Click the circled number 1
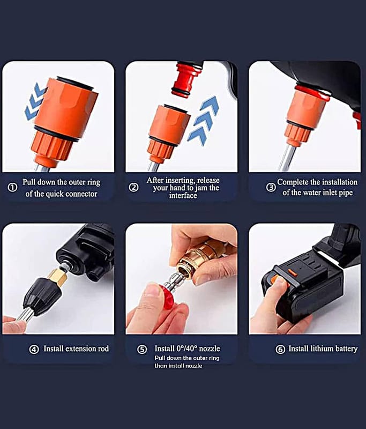point(12,188)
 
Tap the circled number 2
point(133,188)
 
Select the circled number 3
point(271,187)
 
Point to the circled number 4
point(34,349)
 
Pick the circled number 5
point(142,350)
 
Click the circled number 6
point(280,350)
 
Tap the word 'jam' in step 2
point(201,188)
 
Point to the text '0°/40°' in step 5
point(186,348)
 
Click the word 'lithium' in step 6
point(320,349)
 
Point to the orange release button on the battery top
point(292,272)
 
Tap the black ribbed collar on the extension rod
point(42,295)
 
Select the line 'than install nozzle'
point(178,366)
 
